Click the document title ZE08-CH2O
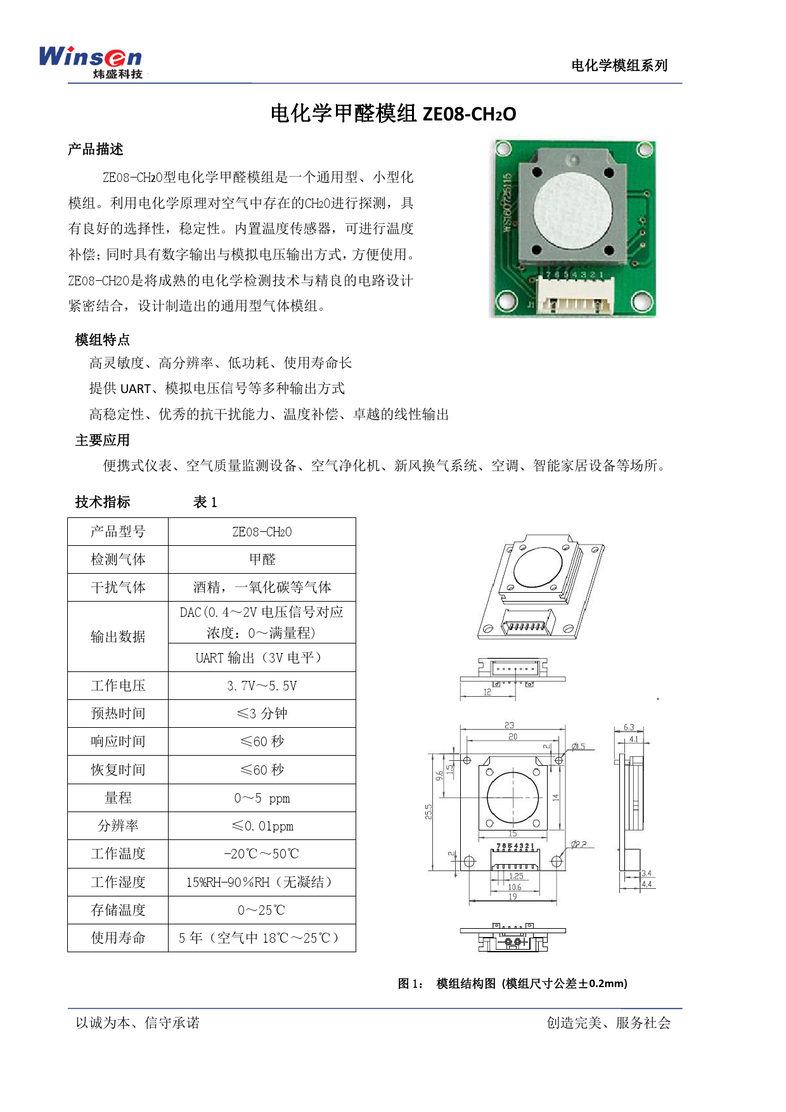coord(469,114)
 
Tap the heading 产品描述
coord(96,149)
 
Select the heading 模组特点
coord(103,340)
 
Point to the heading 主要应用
coord(103,440)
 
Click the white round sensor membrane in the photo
coord(573,209)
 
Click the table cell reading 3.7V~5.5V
coord(262,686)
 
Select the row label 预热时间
coord(118,714)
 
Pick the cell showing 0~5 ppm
coord(262,798)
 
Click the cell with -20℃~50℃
coord(262,854)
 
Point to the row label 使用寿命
coord(118,938)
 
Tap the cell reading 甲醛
coord(262,559)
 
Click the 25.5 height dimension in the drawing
coord(429,812)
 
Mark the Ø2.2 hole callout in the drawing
coord(578,844)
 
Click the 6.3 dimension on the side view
coord(629,727)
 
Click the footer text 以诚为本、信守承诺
coord(138,1023)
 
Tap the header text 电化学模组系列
coord(619,65)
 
